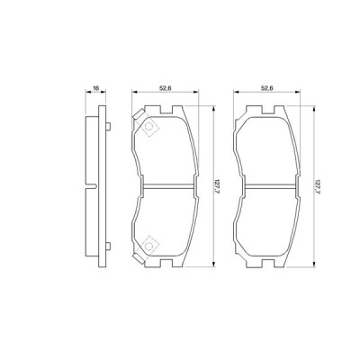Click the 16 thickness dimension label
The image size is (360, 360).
pos(94,88)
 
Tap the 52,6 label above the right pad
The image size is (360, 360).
pos(266,88)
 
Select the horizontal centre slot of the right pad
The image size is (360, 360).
pos(266,187)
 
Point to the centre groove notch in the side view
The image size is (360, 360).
pos(95,186)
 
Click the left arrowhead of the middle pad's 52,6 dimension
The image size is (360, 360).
pos(134,94)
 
